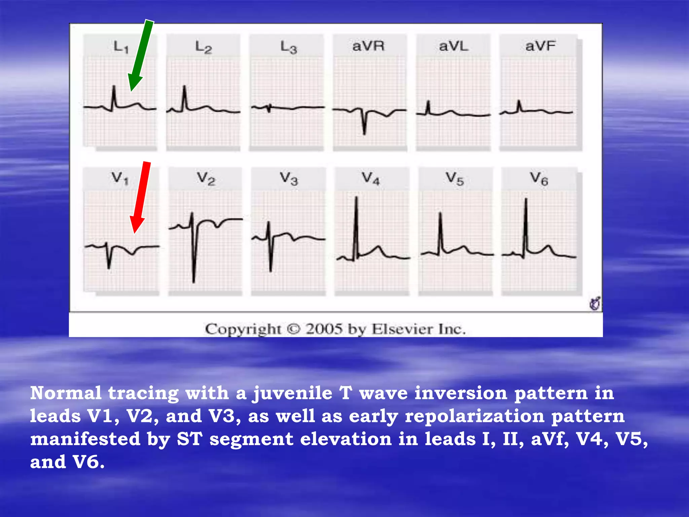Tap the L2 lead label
[x=204, y=47]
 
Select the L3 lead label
[x=289, y=47]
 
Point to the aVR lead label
[x=368, y=46]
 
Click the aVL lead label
[x=454, y=46]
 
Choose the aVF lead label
[x=540, y=46]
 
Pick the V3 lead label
[x=289, y=178]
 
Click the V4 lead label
[x=371, y=178]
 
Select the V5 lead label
[x=455, y=178]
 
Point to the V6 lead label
[x=539, y=178]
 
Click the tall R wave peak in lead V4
[x=356, y=198]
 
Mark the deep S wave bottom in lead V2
[x=194, y=281]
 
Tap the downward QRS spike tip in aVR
[x=364, y=134]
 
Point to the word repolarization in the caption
[x=475, y=416]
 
